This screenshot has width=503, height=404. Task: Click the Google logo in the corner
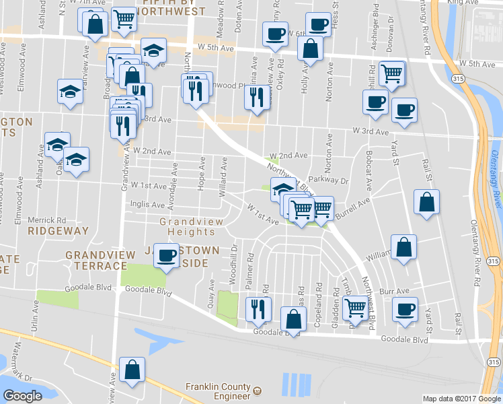[22, 396]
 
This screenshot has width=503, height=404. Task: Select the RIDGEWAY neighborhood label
[59, 230]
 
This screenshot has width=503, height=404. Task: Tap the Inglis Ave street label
[148, 205]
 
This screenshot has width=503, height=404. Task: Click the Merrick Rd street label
[47, 220]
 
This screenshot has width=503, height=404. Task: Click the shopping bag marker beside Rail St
[426, 202]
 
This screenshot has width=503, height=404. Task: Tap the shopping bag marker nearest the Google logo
[132, 369]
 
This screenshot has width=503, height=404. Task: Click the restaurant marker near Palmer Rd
[257, 309]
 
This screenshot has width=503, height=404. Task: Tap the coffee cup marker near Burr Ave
[404, 309]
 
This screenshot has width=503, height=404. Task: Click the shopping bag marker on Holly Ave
[310, 48]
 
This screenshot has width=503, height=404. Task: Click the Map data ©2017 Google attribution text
[461, 399]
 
